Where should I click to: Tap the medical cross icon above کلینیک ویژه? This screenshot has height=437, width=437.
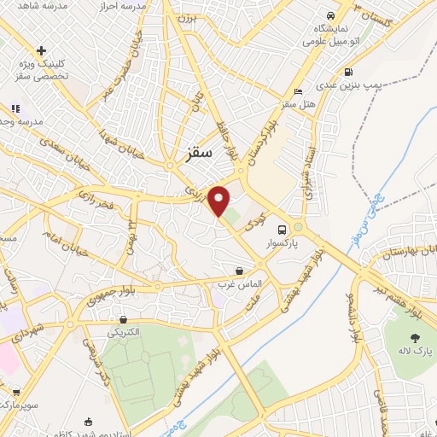pyautogui.click(x=41, y=50)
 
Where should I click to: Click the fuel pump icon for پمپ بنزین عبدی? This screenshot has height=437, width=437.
pyautogui.click(x=347, y=73)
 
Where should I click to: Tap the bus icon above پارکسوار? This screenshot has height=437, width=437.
pyautogui.click(x=281, y=229)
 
